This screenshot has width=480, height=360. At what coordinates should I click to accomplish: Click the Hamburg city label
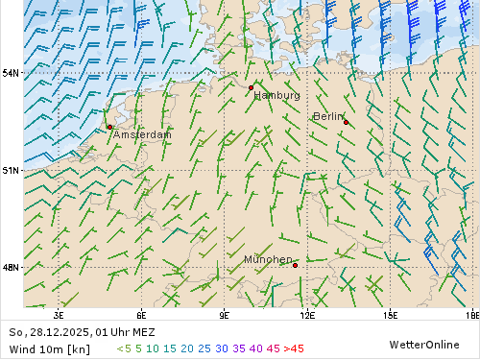[277, 96]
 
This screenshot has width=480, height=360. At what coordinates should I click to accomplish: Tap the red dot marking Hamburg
[251, 87]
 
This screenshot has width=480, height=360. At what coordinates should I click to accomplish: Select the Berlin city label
[327, 116]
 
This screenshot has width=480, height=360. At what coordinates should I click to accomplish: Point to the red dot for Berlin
[346, 122]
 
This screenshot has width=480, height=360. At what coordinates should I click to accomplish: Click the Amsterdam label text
[142, 135]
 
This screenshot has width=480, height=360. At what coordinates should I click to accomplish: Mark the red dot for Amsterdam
[110, 127]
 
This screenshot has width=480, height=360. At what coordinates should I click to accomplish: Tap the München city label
[268, 260]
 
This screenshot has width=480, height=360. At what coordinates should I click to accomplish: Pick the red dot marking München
[296, 266]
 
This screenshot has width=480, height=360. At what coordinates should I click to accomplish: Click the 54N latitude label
[11, 73]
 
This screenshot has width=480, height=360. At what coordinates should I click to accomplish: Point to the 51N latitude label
[11, 170]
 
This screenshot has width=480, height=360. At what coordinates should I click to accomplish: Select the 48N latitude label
[11, 267]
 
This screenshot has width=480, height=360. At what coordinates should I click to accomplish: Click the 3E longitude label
[60, 314]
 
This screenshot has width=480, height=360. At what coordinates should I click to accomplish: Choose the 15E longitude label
[391, 314]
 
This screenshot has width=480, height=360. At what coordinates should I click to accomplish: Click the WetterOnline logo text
[423, 344]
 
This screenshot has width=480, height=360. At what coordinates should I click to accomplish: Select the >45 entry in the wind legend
[294, 348]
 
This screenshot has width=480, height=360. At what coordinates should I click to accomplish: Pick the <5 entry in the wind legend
[124, 348]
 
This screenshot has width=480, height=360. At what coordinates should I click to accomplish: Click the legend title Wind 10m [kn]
[49, 348]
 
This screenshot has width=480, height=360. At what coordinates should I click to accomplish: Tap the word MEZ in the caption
[143, 332]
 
